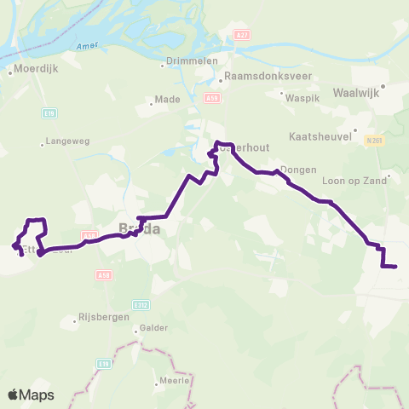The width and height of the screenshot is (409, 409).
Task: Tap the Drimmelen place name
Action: pyautogui.click(x=193, y=61)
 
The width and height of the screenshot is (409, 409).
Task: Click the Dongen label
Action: pyautogui.click(x=298, y=170)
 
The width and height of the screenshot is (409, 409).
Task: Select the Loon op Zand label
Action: pyautogui.click(x=351, y=181)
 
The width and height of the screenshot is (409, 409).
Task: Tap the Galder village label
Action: pyautogui.click(x=155, y=327)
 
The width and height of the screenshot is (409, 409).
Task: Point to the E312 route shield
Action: pyautogui.click(x=141, y=303)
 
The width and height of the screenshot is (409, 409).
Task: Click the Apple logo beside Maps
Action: pyautogui.click(x=14, y=395)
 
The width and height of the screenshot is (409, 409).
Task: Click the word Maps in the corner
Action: pyautogui.click(x=37, y=395)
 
